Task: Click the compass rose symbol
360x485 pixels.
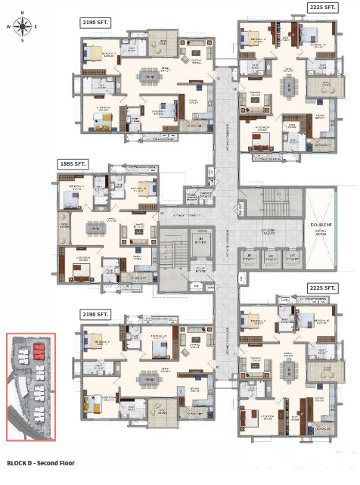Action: pos(22,26)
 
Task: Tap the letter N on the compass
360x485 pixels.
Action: pos(22,12)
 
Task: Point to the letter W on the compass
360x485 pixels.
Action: pos(8,26)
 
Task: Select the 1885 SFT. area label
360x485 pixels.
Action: pos(73,163)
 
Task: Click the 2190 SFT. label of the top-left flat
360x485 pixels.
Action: pos(96,23)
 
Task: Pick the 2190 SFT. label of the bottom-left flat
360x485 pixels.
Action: pos(96,313)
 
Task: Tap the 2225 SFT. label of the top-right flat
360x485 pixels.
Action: pos(322,8)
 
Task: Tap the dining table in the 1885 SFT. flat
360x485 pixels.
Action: pos(95,225)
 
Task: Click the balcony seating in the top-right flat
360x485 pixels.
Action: pos(327,88)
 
